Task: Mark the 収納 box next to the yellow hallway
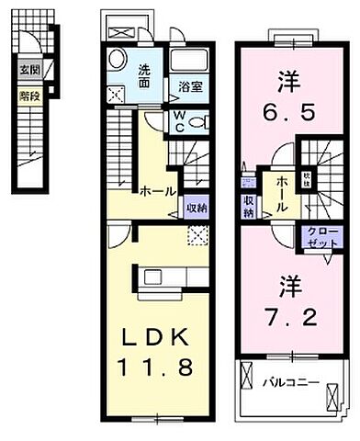(x=196, y=208)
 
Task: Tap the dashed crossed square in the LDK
(x=197, y=236)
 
